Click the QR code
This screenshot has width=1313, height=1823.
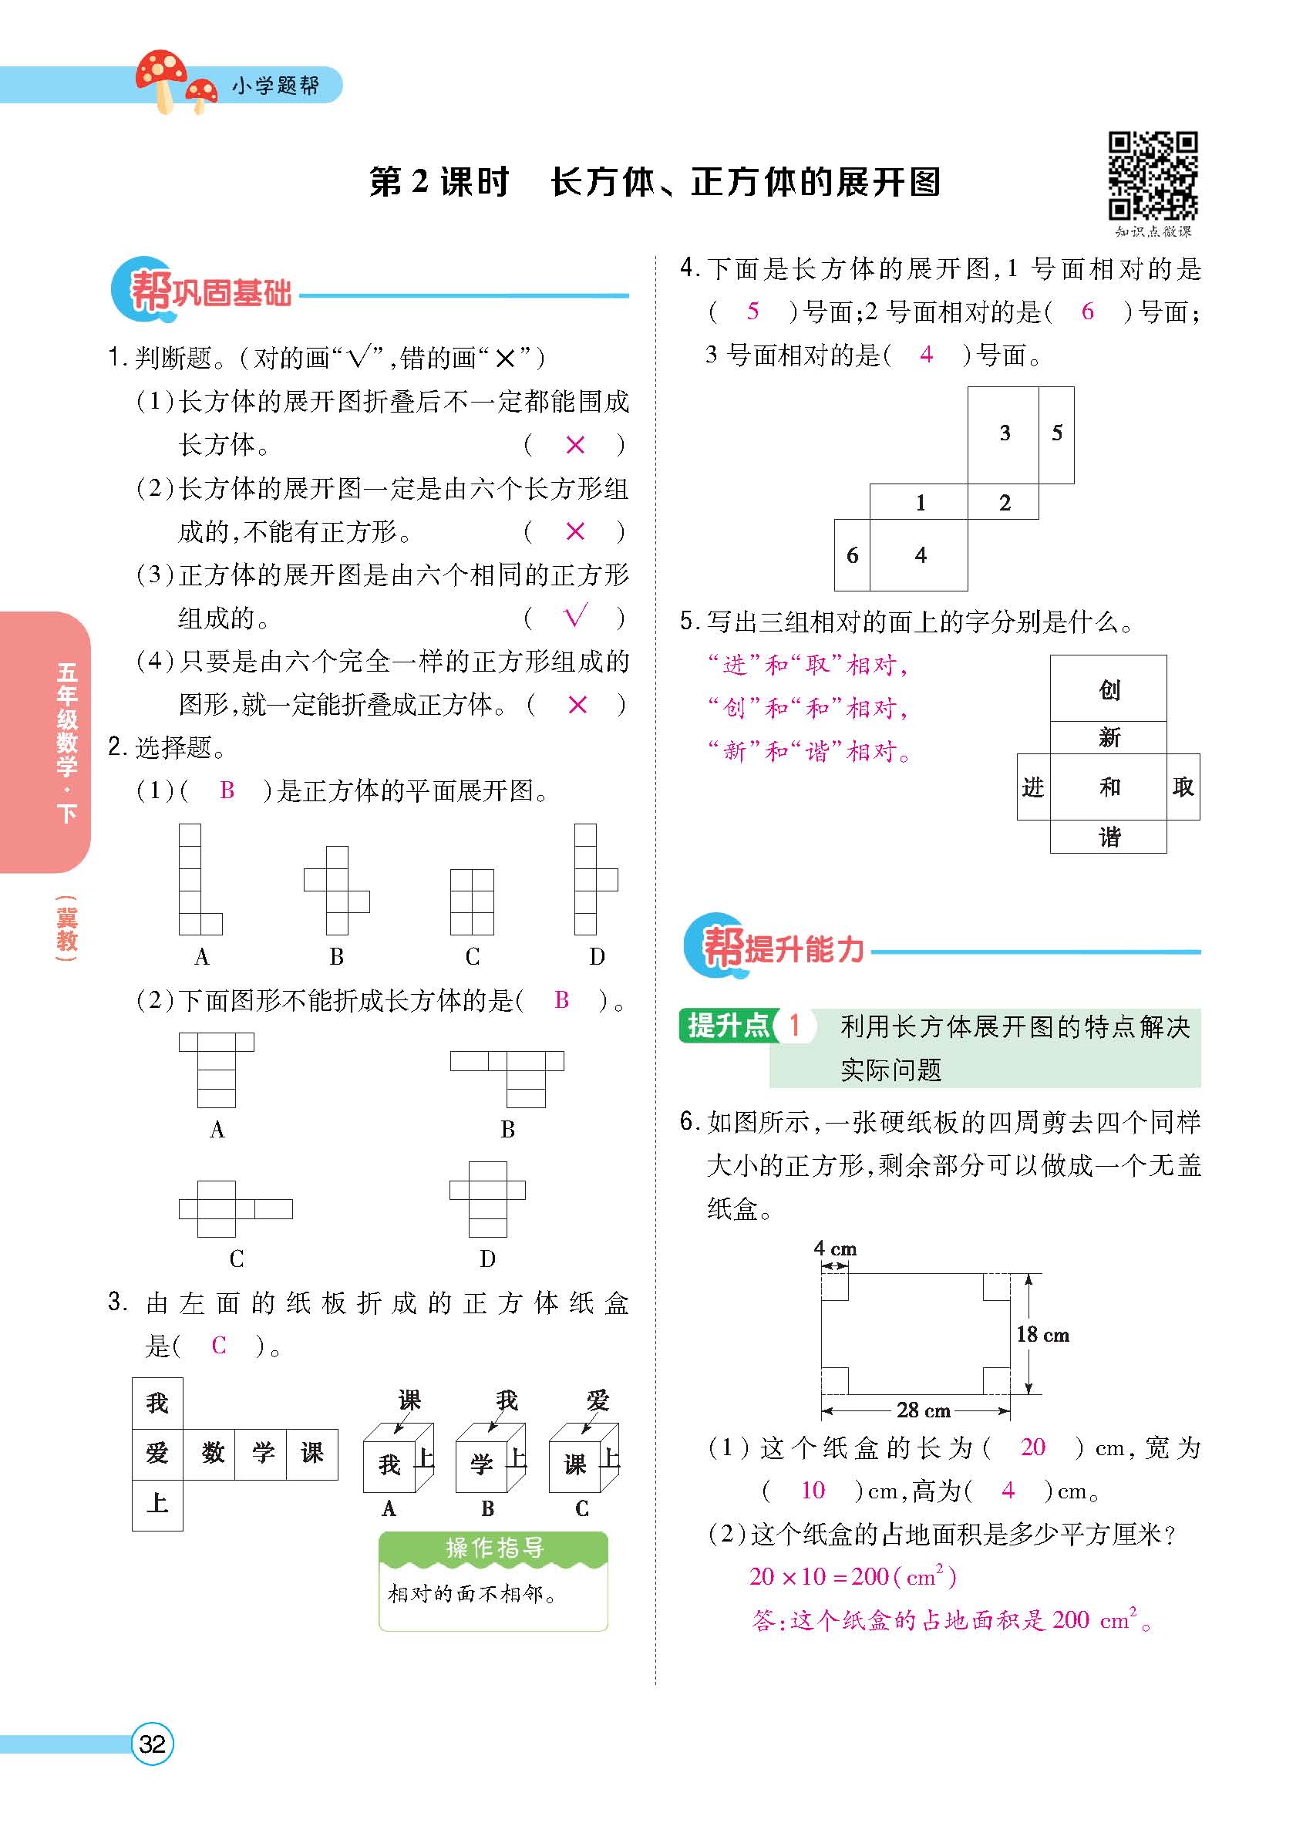click(1153, 176)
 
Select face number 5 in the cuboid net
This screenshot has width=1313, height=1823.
click(1057, 434)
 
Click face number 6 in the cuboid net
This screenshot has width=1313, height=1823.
click(852, 555)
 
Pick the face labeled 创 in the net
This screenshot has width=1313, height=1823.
click(1108, 689)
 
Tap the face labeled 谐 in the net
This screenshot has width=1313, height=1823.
click(1108, 837)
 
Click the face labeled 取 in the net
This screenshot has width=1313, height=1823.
click(1183, 787)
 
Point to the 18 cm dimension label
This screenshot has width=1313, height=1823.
click(1042, 1335)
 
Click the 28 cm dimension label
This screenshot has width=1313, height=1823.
click(924, 1410)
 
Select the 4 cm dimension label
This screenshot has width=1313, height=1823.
click(835, 1248)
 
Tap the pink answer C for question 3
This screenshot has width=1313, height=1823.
click(218, 1346)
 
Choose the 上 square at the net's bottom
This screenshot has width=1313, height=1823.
click(157, 1503)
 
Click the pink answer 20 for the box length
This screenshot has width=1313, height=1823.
click(1032, 1447)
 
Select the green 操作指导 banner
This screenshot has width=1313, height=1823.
click(493, 1547)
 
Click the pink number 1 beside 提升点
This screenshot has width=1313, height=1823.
click(795, 1026)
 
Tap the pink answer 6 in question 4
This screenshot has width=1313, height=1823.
click(1087, 312)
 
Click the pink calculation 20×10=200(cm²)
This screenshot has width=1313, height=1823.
click(853, 1577)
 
